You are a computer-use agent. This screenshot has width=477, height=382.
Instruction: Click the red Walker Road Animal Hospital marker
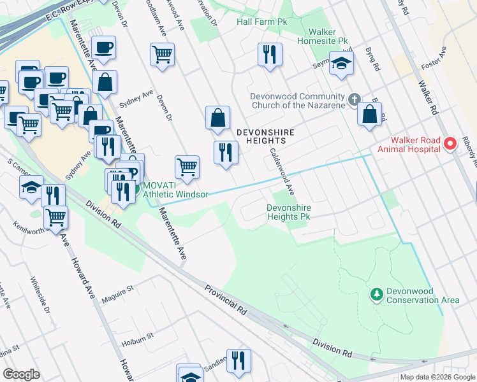450,144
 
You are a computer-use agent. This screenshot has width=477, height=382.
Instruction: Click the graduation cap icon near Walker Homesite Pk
342,64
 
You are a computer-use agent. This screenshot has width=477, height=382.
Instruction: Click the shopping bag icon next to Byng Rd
370,115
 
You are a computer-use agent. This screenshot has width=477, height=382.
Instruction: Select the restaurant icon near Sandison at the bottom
238,360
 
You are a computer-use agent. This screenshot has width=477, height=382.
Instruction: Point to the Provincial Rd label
226,300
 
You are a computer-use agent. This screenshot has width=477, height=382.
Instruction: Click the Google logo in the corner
22,374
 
